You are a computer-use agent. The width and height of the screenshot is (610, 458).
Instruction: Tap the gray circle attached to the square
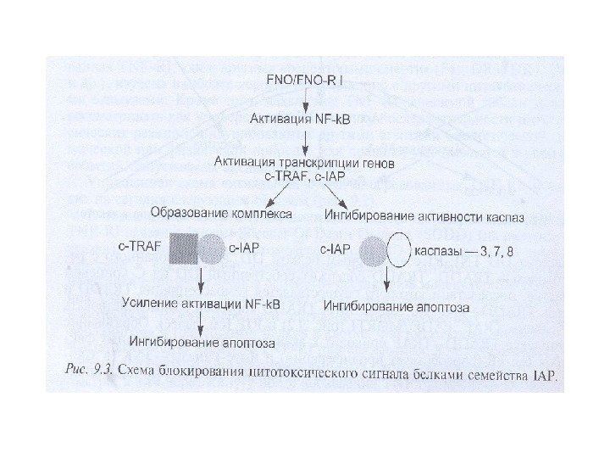coord(212,249)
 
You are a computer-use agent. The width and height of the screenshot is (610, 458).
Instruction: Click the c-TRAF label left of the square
coord(137,249)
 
